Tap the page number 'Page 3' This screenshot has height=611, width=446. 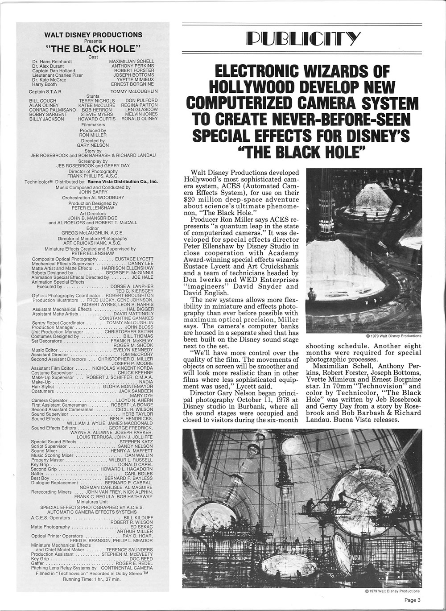pos(412,600)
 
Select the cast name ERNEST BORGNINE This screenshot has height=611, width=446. pos(132,84)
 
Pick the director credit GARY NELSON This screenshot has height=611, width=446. pos(93,145)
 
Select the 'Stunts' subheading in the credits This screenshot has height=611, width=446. pos(93,96)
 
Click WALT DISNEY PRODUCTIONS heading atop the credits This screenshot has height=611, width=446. pos(94,34)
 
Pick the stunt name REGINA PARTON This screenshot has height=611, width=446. pos(139,105)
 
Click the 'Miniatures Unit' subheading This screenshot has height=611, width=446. pos(93,502)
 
